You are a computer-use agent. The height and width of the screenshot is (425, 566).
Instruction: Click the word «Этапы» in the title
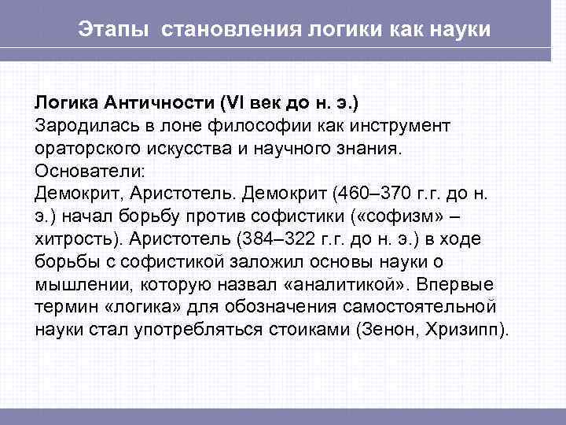tap(116, 30)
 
